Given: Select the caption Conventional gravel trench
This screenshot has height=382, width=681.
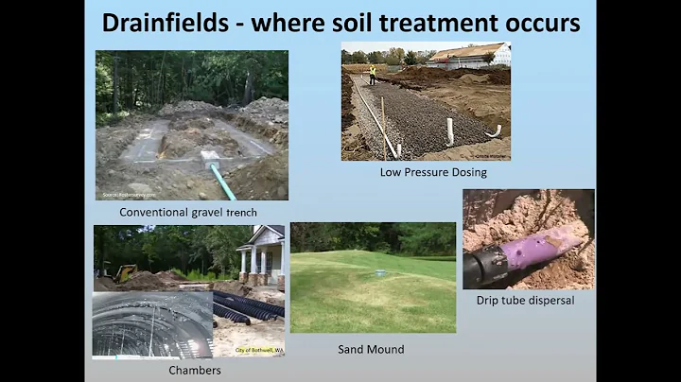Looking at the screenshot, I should pyautogui.click(x=188, y=213).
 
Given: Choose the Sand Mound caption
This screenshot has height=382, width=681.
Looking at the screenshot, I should pyautogui.click(x=372, y=349).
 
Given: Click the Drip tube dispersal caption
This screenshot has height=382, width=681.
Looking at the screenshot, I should pyautogui.click(x=528, y=302).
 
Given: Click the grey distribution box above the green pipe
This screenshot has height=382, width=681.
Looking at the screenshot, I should pyautogui.click(x=210, y=158).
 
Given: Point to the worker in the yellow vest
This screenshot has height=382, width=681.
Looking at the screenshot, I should pyautogui.click(x=372, y=73).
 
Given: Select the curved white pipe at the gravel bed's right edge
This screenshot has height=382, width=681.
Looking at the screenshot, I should pyautogui.click(x=493, y=131).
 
